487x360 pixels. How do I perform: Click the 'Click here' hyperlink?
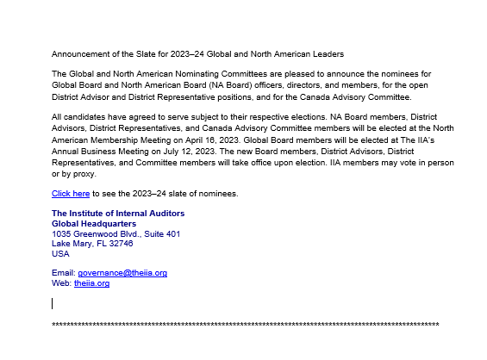pyautogui.click(x=71, y=194)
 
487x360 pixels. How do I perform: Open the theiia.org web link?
pyautogui.click(x=91, y=283)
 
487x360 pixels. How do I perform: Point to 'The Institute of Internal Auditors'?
pyautogui.click(x=118, y=214)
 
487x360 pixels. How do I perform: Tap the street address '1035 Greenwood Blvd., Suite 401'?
pyautogui.click(x=116, y=234)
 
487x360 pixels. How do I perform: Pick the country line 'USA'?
pyautogui.click(x=60, y=254)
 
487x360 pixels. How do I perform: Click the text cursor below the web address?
pyautogui.click(x=53, y=303)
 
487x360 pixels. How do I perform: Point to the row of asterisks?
pyautogui.click(x=246, y=326)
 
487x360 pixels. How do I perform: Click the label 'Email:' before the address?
pyautogui.click(x=64, y=273)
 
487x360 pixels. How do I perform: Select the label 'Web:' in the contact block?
pyautogui.click(x=61, y=283)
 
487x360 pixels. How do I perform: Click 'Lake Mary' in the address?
pyautogui.click(x=70, y=244)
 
